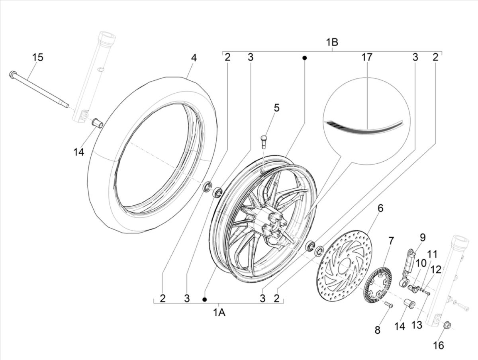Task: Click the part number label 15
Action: click(37, 57)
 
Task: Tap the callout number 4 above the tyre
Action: click(194, 57)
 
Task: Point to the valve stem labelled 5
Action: click(263, 140)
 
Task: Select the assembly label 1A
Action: click(219, 313)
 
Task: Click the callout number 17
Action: click(366, 57)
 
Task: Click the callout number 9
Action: click(422, 238)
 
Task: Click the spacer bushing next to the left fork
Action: click(97, 122)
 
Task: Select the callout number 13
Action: click(416, 325)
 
